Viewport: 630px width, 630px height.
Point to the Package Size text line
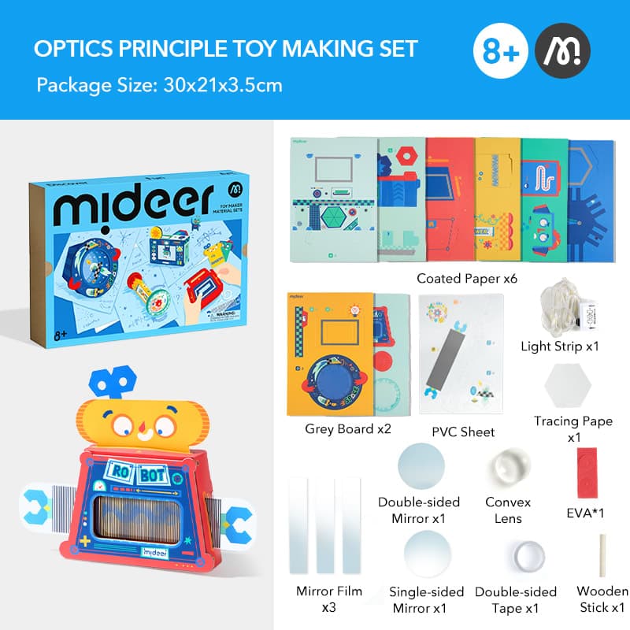(159, 84)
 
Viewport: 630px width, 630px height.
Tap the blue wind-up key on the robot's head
(110, 384)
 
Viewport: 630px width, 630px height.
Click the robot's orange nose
(140, 432)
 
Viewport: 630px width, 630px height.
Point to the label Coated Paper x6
(461, 278)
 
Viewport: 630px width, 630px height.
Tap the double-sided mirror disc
(422, 466)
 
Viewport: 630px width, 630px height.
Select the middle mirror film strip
(324, 525)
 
